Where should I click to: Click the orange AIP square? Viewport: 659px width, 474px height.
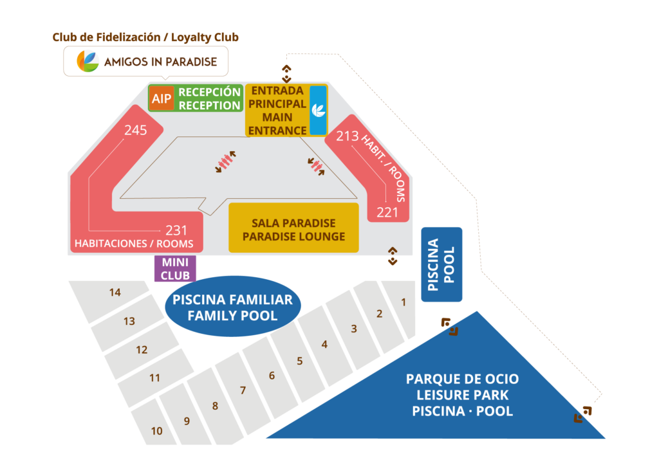click(162, 98)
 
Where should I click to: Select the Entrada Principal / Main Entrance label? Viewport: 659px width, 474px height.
click(277, 111)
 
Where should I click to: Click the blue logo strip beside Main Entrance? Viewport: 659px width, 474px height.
click(318, 110)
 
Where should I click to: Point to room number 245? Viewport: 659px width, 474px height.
click(136, 130)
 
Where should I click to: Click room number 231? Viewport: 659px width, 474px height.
click(176, 230)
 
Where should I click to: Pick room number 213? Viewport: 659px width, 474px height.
click(347, 136)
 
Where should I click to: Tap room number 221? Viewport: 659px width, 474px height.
click(387, 212)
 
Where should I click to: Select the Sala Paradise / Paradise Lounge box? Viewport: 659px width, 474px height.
click(293, 230)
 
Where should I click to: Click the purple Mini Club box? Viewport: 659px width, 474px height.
click(175, 269)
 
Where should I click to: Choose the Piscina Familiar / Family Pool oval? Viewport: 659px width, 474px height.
click(232, 307)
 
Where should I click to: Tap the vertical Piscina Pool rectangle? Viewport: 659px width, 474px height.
click(441, 264)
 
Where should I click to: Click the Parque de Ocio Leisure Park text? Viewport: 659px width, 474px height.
click(462, 394)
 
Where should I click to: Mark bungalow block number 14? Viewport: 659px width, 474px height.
click(115, 293)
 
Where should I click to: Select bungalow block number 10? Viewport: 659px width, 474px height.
click(156, 431)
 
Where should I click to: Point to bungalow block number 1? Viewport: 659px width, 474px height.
click(404, 302)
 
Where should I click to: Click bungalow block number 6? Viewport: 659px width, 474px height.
click(272, 376)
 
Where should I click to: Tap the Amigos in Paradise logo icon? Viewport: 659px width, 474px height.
click(88, 62)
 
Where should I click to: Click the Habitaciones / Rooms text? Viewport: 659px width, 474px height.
click(134, 244)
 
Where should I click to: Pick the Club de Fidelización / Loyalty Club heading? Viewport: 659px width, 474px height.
click(145, 37)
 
